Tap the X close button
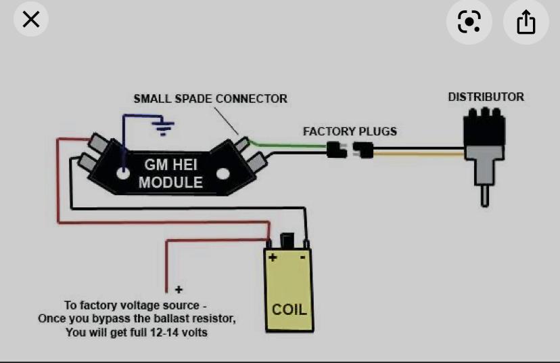[x=31, y=20]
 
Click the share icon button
[x=526, y=22]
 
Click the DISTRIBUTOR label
[x=486, y=97]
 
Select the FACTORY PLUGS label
[x=350, y=131]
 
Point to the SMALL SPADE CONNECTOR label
[x=210, y=99]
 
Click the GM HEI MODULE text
[x=170, y=173]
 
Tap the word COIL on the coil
[x=289, y=309]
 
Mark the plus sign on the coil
[x=273, y=257]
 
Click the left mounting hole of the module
[x=122, y=173]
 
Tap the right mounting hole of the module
[x=221, y=174]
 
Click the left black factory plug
[x=336, y=150]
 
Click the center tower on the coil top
[x=287, y=240]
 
